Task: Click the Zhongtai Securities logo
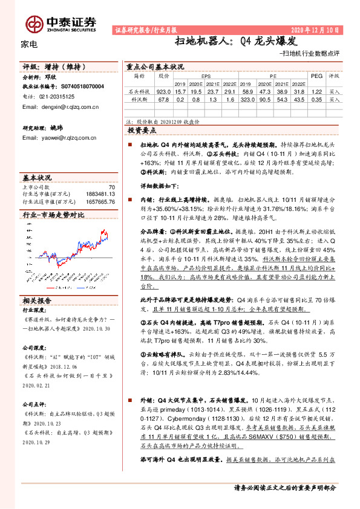pos(61,23)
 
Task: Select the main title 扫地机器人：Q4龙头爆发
pos(235,42)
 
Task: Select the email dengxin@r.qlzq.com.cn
pos(60,106)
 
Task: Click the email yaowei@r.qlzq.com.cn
pos(60,138)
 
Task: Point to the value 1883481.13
pos(97,193)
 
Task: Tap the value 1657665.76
pos(97,201)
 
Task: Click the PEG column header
pos(316,77)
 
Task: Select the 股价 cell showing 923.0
pos(163,91)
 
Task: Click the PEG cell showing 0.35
pos(316,99)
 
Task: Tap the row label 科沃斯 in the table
pos(139,99)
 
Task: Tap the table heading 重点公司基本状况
pos(154,67)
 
